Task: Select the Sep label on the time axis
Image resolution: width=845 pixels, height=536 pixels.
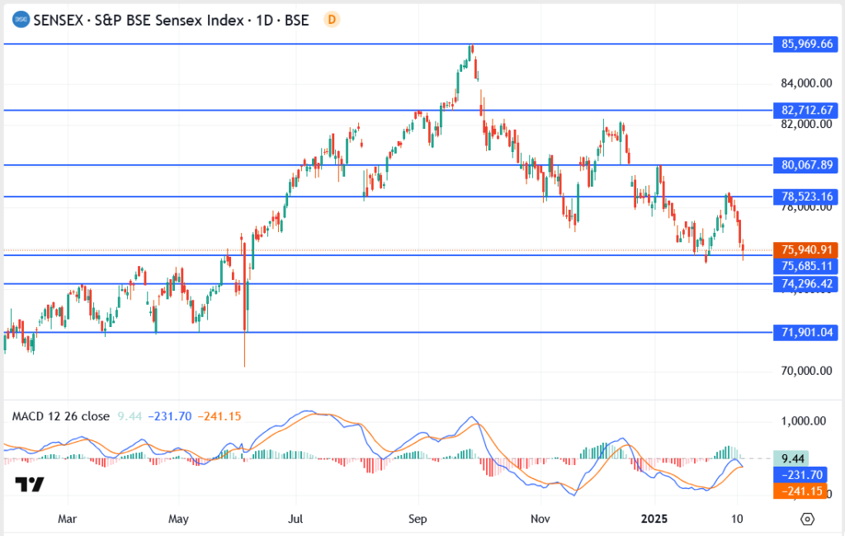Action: coord(418,519)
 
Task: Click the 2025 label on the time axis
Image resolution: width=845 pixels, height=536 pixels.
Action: coord(654,519)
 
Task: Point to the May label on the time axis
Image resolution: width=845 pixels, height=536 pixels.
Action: coord(178,519)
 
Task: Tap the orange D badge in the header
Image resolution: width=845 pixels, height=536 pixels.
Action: coord(332,20)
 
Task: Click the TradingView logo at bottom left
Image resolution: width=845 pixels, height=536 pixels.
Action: coord(30,485)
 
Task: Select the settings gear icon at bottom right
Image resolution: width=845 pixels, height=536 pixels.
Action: coord(807,519)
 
